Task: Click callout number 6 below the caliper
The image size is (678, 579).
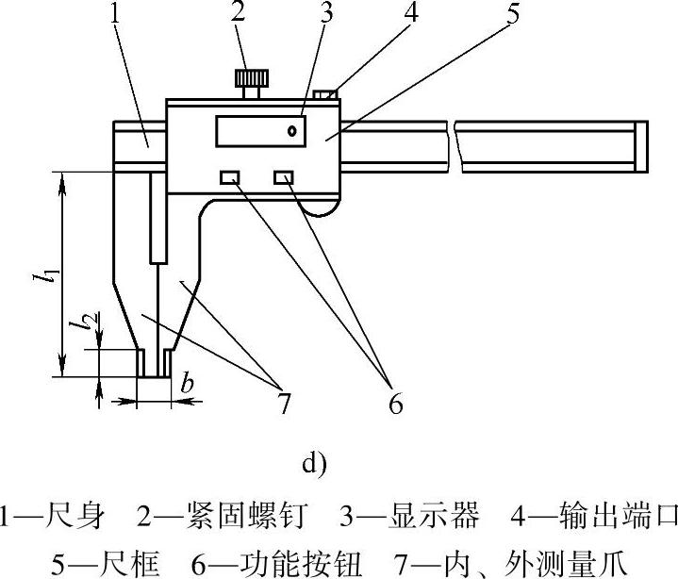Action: [x=395, y=405]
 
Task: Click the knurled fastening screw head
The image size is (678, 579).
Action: [x=250, y=76]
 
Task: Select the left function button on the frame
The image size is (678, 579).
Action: [x=229, y=177]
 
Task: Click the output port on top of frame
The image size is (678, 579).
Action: [x=324, y=93]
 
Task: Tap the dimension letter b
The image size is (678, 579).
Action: [x=187, y=383]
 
